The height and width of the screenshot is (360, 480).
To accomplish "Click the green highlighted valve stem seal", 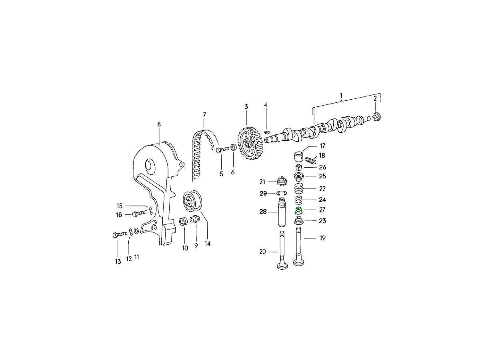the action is pos(298,211).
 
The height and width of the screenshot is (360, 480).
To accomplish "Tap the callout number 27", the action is pos(322,210).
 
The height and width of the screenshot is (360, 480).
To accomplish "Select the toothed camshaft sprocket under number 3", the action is pos(250,144).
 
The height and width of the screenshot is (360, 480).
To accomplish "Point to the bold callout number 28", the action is pos(263,212).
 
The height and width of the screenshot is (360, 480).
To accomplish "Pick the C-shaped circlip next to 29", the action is pos(282,193).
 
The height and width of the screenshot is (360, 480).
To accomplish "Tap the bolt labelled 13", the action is pos(120,234).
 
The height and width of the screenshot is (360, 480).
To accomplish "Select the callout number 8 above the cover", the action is pos(159,124).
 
